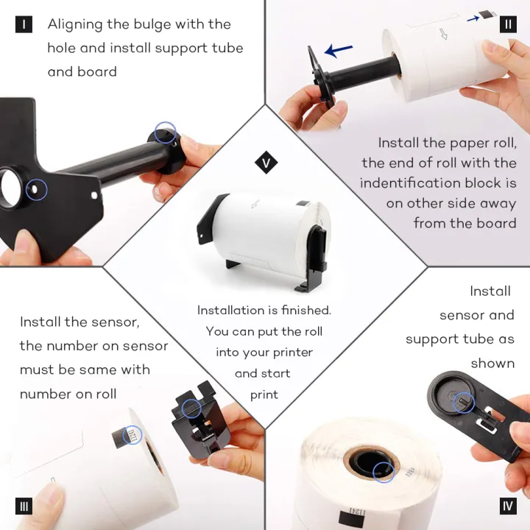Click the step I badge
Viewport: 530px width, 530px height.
click(x=24, y=24)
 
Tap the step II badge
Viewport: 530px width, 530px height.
click(x=508, y=24)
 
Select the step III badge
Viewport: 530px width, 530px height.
click(x=24, y=506)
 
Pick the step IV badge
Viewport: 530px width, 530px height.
click(x=508, y=506)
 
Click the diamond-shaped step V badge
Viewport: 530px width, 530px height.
click(x=266, y=163)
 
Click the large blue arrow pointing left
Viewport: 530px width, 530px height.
click(x=339, y=51)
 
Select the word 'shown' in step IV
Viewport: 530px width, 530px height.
click(x=492, y=364)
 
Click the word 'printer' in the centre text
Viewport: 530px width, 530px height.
click(x=293, y=353)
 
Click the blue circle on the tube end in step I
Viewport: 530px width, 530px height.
click(x=166, y=132)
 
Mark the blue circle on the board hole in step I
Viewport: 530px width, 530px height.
click(x=37, y=189)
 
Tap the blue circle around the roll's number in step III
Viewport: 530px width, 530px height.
click(x=132, y=435)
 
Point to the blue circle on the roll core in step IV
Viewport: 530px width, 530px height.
click(x=384, y=472)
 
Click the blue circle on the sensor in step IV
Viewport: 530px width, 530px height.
click(x=464, y=403)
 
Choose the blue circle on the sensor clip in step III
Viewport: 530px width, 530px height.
click(x=191, y=409)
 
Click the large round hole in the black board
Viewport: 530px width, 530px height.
click(x=10, y=188)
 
